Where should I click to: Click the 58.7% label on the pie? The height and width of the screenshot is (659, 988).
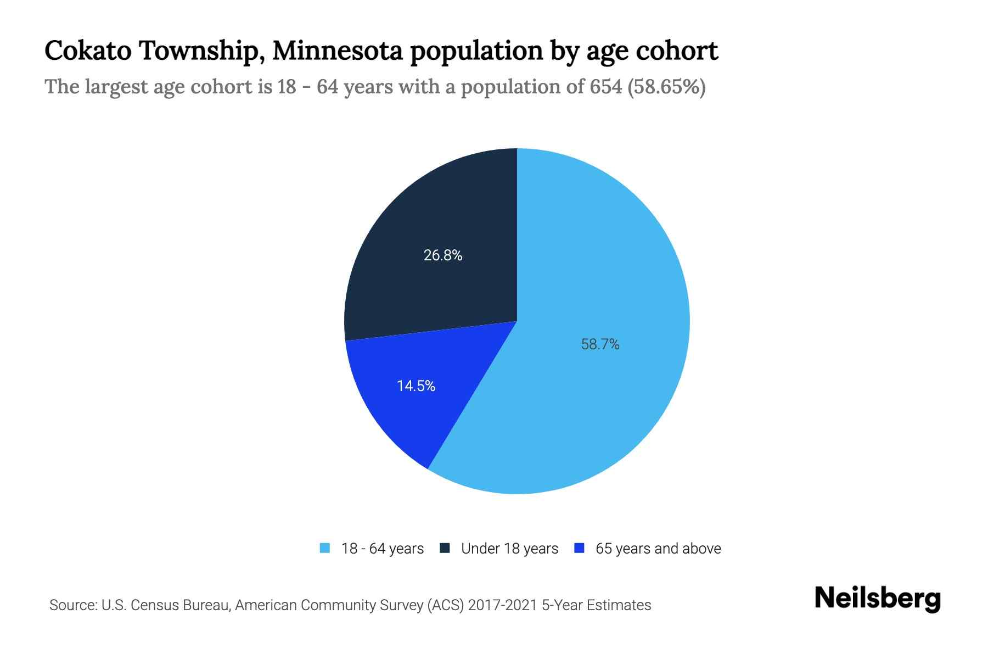point(600,344)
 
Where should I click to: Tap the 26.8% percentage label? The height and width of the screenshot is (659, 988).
point(442,255)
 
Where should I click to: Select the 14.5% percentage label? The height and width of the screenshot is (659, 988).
point(416,386)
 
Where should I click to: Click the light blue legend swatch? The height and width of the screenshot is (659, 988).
point(325,548)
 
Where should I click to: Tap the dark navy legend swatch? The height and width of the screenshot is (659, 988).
point(445,548)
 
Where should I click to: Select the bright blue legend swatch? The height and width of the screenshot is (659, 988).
point(579,548)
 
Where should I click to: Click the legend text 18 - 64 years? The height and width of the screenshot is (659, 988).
point(383,549)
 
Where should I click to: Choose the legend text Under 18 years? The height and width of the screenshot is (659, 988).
point(509,549)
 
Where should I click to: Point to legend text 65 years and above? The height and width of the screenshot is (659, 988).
point(658,549)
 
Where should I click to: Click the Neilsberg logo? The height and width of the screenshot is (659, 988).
point(877,599)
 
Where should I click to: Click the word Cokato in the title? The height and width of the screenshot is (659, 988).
point(88,51)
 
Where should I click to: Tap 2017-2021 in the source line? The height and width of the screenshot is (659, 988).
point(502,605)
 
